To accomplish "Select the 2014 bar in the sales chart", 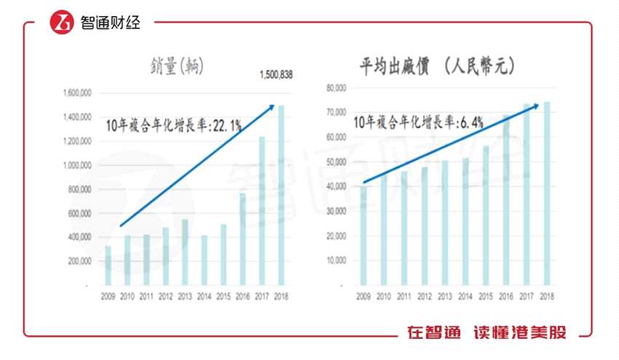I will [x=205, y=259].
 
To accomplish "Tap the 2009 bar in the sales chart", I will [x=109, y=265].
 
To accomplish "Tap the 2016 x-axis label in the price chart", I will [x=506, y=297].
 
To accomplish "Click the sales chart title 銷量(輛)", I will [x=173, y=66].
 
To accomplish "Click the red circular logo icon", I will [x=62, y=23].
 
